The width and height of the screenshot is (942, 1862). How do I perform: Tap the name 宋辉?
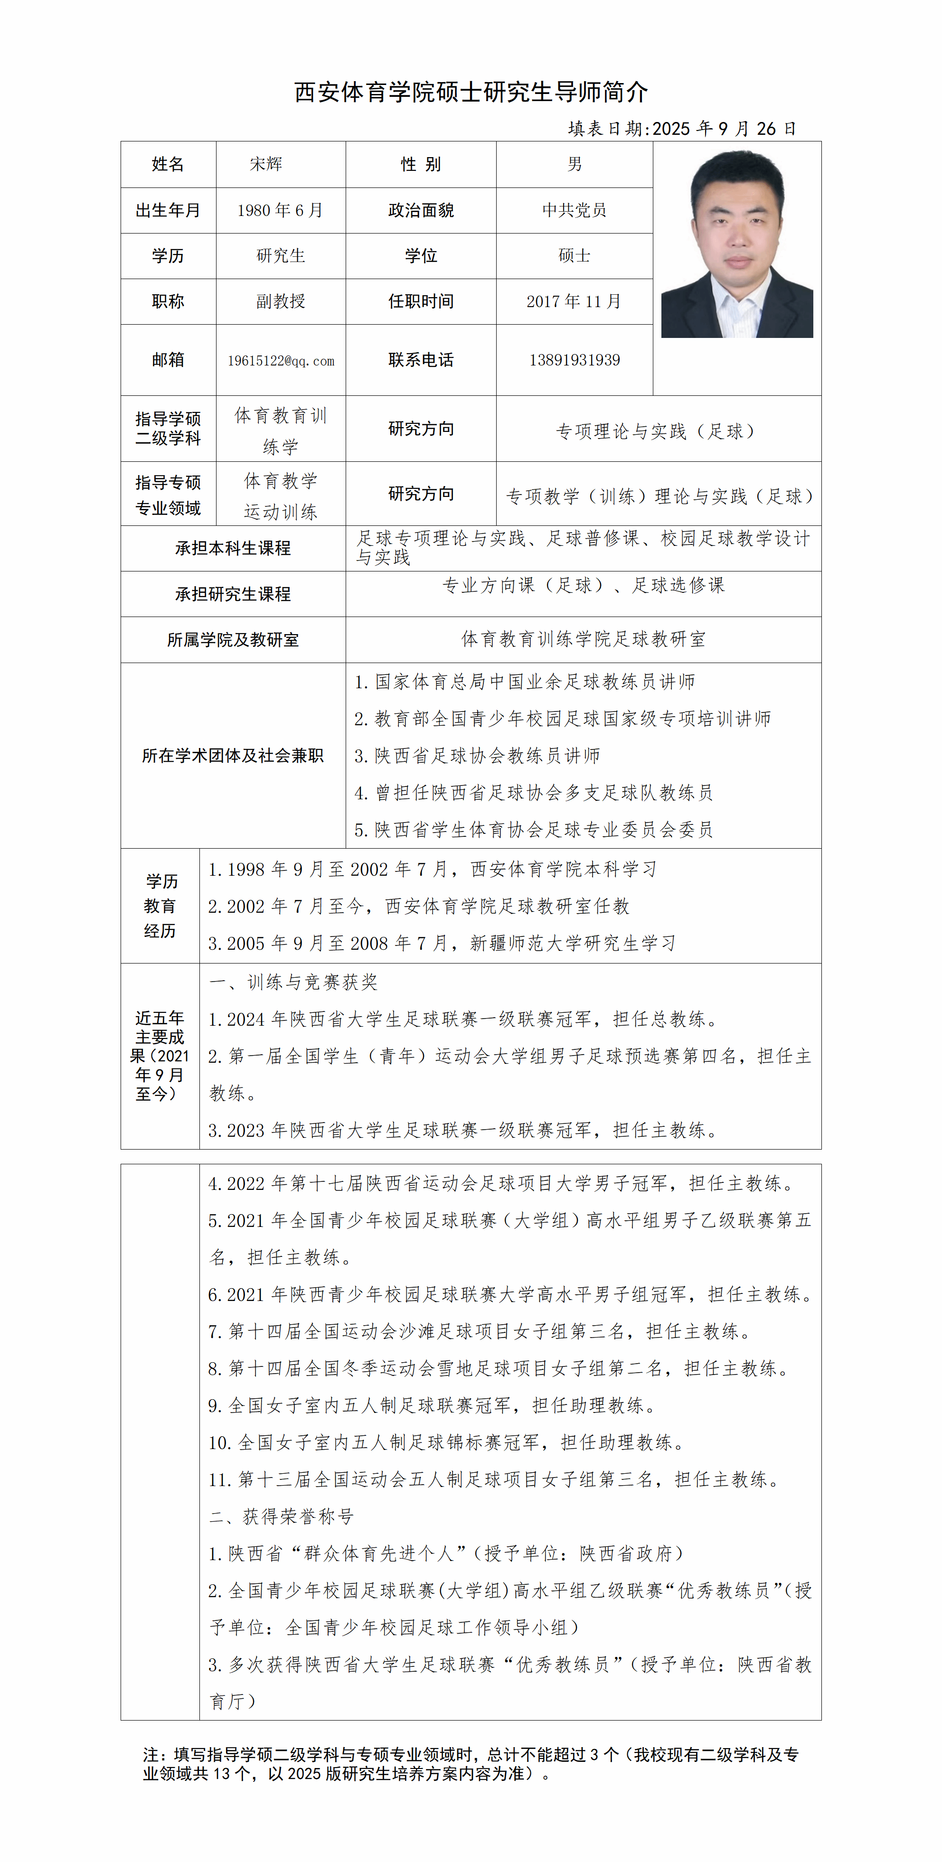pos(266,164)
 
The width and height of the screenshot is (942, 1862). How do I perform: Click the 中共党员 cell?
pos(574,210)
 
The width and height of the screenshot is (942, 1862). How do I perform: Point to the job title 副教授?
pos(281,301)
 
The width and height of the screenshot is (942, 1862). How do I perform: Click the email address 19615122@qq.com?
pos(281,361)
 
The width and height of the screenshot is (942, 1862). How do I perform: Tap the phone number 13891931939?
pos(574,360)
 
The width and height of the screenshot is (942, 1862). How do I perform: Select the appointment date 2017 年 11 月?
pos(574,301)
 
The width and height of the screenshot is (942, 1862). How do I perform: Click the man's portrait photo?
pos(737,244)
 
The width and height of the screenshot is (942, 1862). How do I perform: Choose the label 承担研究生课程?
pos(233,594)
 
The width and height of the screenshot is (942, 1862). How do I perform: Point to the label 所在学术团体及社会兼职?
pos(233,755)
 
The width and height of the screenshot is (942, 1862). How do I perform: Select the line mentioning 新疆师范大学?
pos(442,943)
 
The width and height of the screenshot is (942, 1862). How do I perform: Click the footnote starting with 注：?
pos(470,1764)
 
